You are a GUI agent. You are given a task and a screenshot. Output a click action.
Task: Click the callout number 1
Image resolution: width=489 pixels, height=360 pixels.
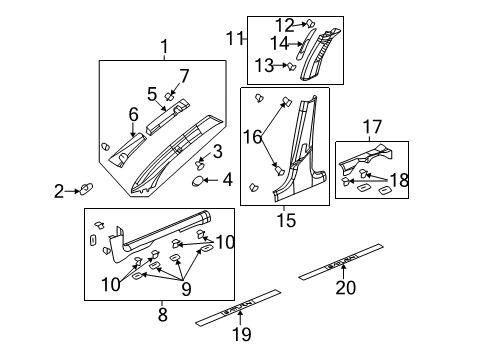pyautogui.click(x=165, y=45)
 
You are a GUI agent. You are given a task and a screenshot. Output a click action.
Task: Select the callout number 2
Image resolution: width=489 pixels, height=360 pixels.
pyautogui.click(x=59, y=190)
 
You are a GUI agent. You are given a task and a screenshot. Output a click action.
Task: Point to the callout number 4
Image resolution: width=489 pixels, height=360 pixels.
pyautogui.click(x=228, y=180)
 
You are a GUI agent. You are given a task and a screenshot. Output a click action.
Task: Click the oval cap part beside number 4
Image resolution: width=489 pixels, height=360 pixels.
pyautogui.click(x=199, y=180)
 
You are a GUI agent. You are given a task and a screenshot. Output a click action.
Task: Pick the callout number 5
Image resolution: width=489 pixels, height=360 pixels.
pyautogui.click(x=151, y=93)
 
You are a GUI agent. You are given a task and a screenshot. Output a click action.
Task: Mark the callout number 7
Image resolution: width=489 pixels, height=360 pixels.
pyautogui.click(x=183, y=75)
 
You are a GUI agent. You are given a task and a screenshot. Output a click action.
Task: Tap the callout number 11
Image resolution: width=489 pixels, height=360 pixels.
pyautogui.click(x=234, y=39)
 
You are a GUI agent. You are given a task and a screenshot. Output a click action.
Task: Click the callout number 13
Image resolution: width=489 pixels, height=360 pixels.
pyautogui.click(x=263, y=65)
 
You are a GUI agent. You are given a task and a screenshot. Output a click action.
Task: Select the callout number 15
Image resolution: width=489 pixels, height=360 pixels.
pyautogui.click(x=285, y=217)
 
